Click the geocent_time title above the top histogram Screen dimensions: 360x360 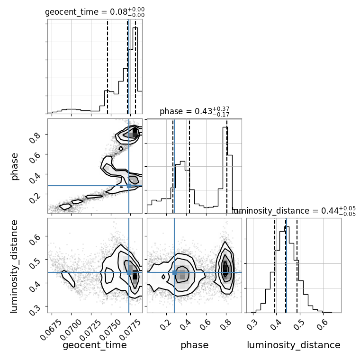pyautogui.click(x=95, y=12)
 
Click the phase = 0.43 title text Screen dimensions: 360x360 pyautogui.click(x=195, y=111)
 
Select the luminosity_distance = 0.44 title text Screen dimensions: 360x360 pyautogui.click(x=294, y=210)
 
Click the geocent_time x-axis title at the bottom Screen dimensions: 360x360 pyautogui.click(x=95, y=345)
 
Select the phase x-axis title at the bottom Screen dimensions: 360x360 pyautogui.click(x=195, y=345)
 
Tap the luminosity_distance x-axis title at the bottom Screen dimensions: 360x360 pyautogui.click(x=294, y=345)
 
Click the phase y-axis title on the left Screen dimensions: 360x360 pyautogui.click(x=14, y=167)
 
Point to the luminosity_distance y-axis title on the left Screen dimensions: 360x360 pyautogui.click(x=14, y=266)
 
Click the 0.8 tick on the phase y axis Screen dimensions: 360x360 pyautogui.click(x=35, y=137)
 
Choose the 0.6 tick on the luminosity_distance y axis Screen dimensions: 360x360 pyautogui.click(x=35, y=239)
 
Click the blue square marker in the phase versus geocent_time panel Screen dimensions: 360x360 pyautogui.click(x=129, y=186)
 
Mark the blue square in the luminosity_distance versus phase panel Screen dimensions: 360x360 pyautogui.click(x=174, y=272)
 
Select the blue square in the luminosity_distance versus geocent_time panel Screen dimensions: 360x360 pyautogui.click(x=129, y=272)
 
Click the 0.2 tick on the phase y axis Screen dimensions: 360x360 pyautogui.click(x=35, y=198)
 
